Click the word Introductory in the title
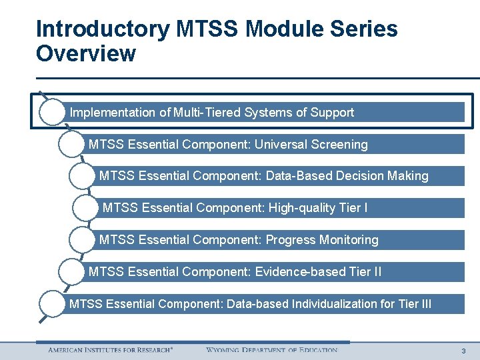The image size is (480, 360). (103, 29)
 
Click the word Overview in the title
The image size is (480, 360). (86, 53)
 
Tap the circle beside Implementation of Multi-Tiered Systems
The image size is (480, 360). (52, 112)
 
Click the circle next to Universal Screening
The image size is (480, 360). (71, 144)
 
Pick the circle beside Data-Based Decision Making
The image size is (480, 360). (82, 176)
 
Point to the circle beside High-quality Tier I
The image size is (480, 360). (85, 208)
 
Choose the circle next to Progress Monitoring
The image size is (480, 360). (82, 240)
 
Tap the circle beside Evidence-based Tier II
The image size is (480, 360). (71, 272)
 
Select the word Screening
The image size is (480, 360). (339, 145)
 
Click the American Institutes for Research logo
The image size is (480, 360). (110, 350)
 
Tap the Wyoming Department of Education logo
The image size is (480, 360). (271, 350)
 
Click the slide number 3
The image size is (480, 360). (463, 351)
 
